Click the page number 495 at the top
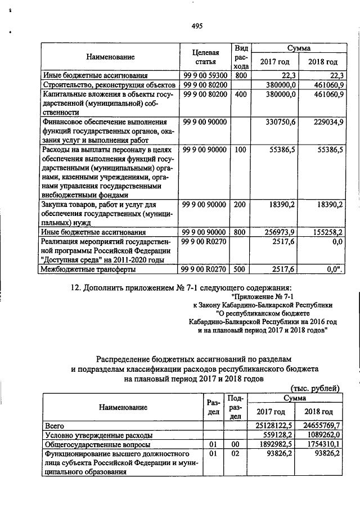click(197, 25)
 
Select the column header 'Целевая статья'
click(204, 57)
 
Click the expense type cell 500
click(241, 269)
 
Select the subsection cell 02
click(236, 453)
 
